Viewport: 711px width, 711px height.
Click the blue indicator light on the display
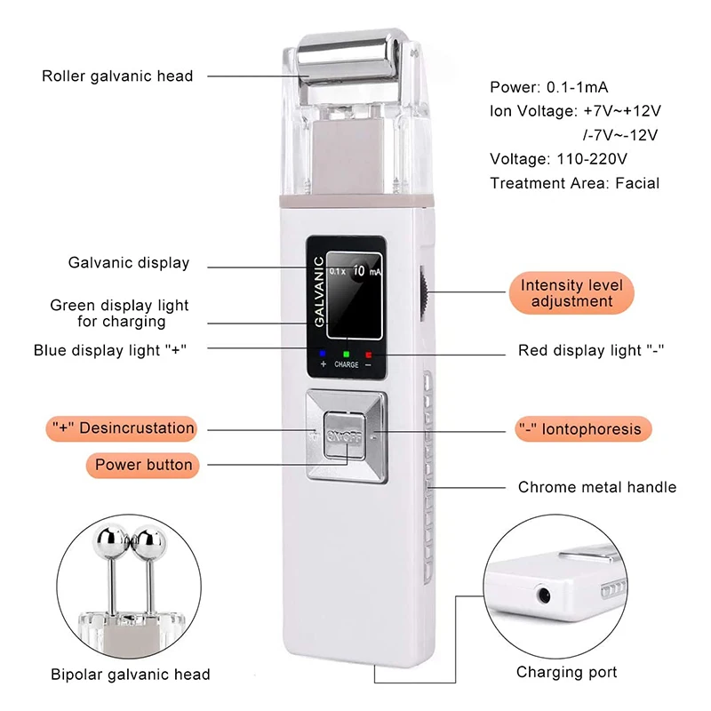[x=323, y=355]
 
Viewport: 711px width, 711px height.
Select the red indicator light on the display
[x=368, y=355]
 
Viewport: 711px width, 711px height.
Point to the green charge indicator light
[x=346, y=355]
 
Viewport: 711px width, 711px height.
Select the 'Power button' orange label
[x=143, y=464]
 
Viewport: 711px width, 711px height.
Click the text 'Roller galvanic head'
[x=117, y=76]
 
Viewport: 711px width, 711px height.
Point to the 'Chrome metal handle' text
[x=596, y=487]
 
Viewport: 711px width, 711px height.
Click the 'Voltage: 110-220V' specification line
[x=559, y=159]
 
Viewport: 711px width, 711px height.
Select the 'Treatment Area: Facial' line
[x=574, y=183]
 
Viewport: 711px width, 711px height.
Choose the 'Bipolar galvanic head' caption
[x=130, y=675]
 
